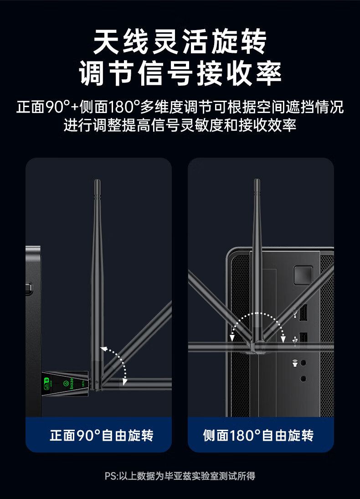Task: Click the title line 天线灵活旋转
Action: tap(180, 42)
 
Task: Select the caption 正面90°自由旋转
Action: tap(101, 435)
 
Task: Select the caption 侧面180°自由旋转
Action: tap(258, 435)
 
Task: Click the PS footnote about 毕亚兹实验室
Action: tap(180, 476)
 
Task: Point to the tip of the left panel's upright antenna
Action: tap(97, 182)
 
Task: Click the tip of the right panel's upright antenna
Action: tap(257, 181)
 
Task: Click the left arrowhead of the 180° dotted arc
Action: tap(233, 337)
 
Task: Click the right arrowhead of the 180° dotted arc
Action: tap(283, 339)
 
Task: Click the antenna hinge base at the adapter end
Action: tap(96, 384)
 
